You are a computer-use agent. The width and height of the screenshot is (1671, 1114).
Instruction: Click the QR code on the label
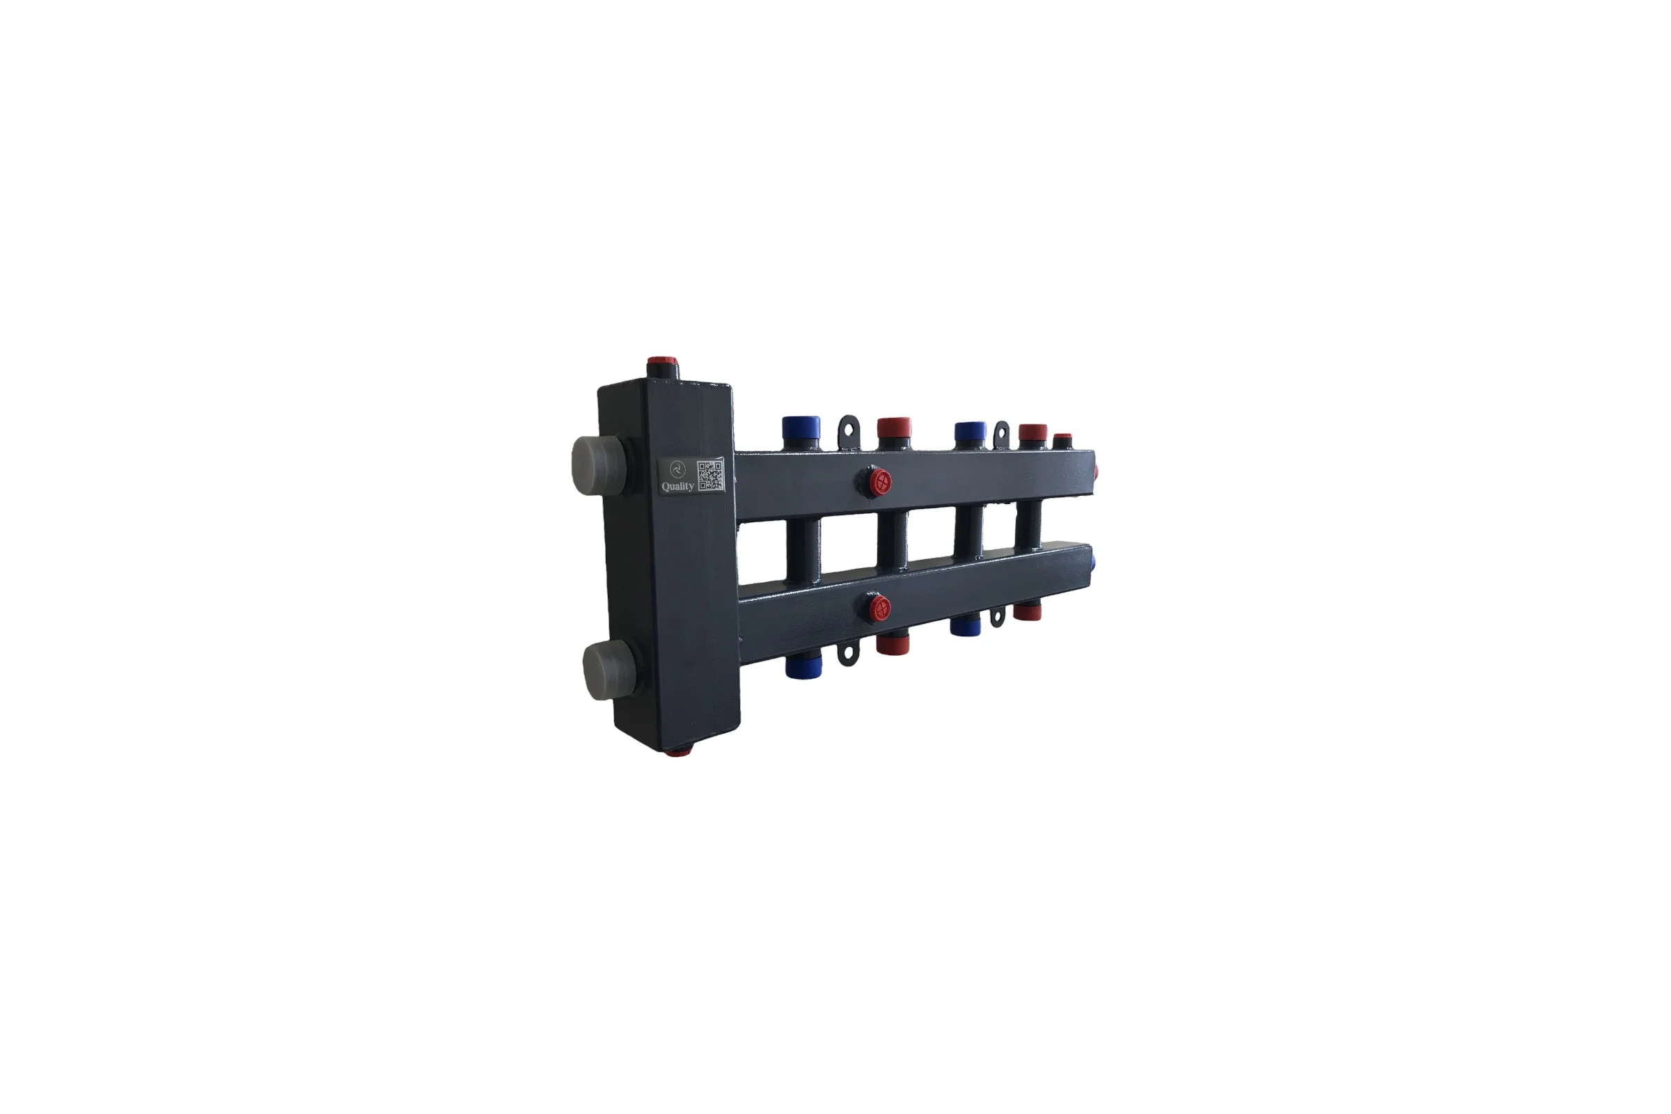click(x=710, y=475)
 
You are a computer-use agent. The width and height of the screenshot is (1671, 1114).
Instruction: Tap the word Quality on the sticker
click(x=677, y=487)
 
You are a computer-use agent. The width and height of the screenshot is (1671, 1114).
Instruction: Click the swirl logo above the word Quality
click(x=677, y=468)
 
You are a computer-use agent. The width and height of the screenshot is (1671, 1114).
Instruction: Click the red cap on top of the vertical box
click(x=663, y=368)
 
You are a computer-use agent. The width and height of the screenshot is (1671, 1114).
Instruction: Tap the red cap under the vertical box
click(x=677, y=751)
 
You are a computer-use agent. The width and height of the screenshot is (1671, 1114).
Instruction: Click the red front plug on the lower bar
click(x=879, y=608)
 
